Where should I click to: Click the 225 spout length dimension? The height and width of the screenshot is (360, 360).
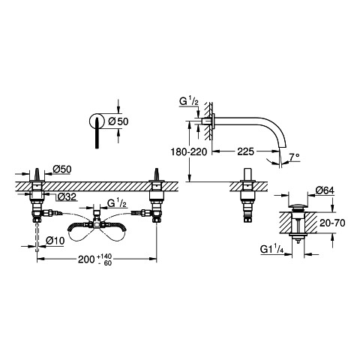click(x=245, y=151)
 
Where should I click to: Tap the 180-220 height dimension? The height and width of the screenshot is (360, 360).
click(x=189, y=151)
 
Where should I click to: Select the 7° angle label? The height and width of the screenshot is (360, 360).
click(x=295, y=157)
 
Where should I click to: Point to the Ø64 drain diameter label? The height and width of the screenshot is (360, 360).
click(x=325, y=190)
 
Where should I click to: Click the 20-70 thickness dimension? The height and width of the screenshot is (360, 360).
click(x=332, y=223)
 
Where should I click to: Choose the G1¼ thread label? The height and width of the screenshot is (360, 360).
click(x=271, y=249)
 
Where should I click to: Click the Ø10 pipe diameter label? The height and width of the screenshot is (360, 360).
click(x=55, y=241)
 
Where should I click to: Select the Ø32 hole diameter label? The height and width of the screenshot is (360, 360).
click(x=67, y=197)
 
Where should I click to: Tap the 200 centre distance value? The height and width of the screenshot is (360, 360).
click(x=86, y=259)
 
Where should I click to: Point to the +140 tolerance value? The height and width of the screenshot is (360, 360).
click(x=104, y=256)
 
